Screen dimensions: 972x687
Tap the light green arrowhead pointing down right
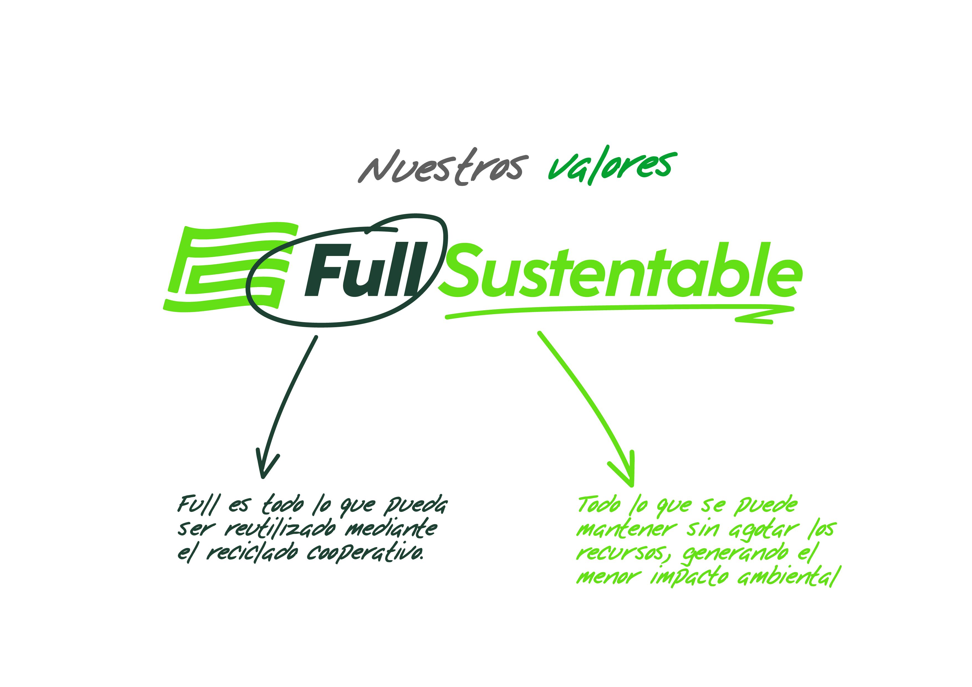click(x=623, y=469)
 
